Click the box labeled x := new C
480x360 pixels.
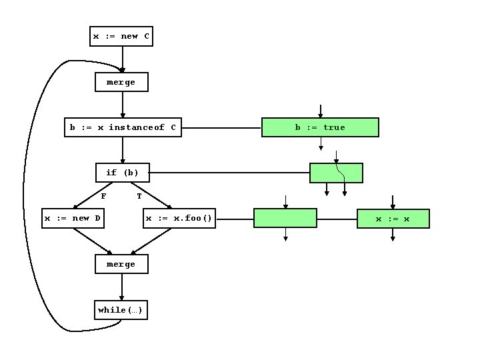coord(121,36)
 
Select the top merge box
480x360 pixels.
coord(121,82)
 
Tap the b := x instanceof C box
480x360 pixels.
coord(123,127)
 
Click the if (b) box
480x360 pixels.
coord(123,173)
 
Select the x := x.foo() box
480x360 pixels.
coord(179,219)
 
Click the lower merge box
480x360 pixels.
coord(121,264)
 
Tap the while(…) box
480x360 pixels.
coord(121,310)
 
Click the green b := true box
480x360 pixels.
coord(320,127)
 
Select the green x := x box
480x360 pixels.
coord(393,219)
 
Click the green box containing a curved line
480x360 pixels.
coord(336,173)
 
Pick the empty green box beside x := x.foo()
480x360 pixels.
coord(285,219)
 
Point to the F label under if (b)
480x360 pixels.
coord(103,196)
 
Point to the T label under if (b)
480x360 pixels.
coord(139,196)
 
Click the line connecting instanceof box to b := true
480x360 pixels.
coord(221,127)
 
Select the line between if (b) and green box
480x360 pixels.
coord(229,173)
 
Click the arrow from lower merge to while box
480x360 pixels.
coord(121,287)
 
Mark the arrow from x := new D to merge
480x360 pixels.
coord(92,241)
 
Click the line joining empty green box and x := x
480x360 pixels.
coord(337,219)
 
